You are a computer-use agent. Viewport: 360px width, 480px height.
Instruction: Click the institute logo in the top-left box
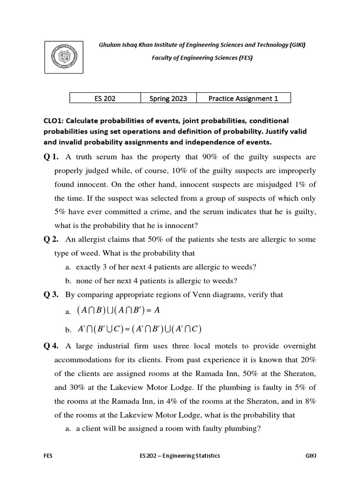point(63,56)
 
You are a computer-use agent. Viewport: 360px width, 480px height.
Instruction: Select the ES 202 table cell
point(105,98)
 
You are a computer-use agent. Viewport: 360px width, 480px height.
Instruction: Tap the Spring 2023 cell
point(168,98)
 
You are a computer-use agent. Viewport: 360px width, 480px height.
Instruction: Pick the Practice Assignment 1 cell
point(243,98)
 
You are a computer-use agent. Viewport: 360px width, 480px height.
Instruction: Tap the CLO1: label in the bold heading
point(54,120)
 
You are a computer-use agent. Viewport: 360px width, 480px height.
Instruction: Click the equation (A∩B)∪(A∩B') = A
point(121,311)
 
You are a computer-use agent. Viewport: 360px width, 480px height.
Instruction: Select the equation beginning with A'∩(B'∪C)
point(139,330)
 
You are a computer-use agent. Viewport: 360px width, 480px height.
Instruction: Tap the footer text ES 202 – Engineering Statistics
point(180,455)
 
